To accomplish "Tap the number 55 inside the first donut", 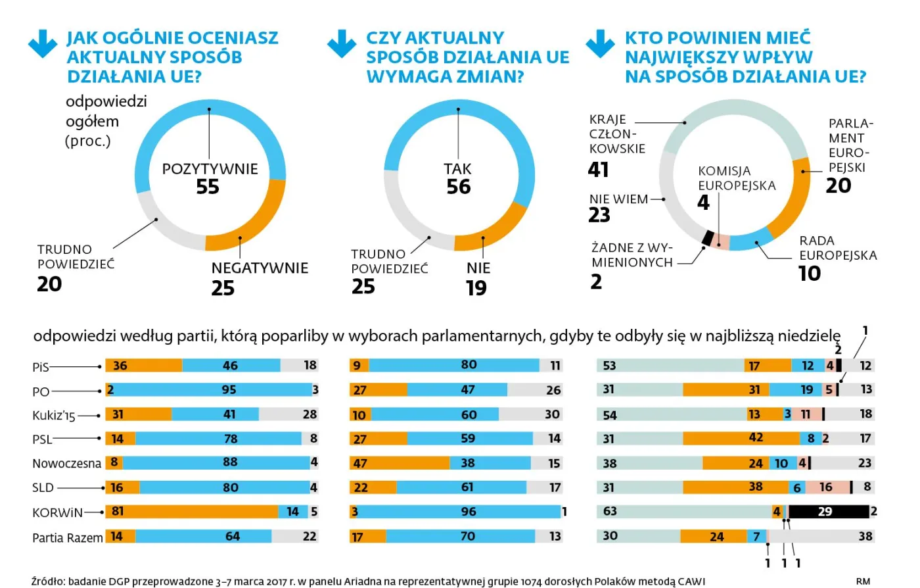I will pos(208,187).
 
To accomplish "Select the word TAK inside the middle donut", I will pos(458,169).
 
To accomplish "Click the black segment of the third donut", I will pos(708,237).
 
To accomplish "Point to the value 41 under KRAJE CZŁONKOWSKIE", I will pos(598,170).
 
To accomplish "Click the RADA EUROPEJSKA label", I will pos(837,248).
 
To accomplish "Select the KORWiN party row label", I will pos(58,512).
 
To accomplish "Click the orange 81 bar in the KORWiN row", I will pos(191,512).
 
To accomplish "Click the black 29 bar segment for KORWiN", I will pos(828,512).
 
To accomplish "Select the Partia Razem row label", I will pos(67,537).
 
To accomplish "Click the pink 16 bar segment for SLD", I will pos(826,487).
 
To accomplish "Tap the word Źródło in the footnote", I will pos(48,581).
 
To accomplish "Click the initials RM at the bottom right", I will pos(863,581).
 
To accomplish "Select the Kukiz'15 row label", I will pos(54,416).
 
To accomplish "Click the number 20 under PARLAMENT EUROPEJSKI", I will pos(839,186).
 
